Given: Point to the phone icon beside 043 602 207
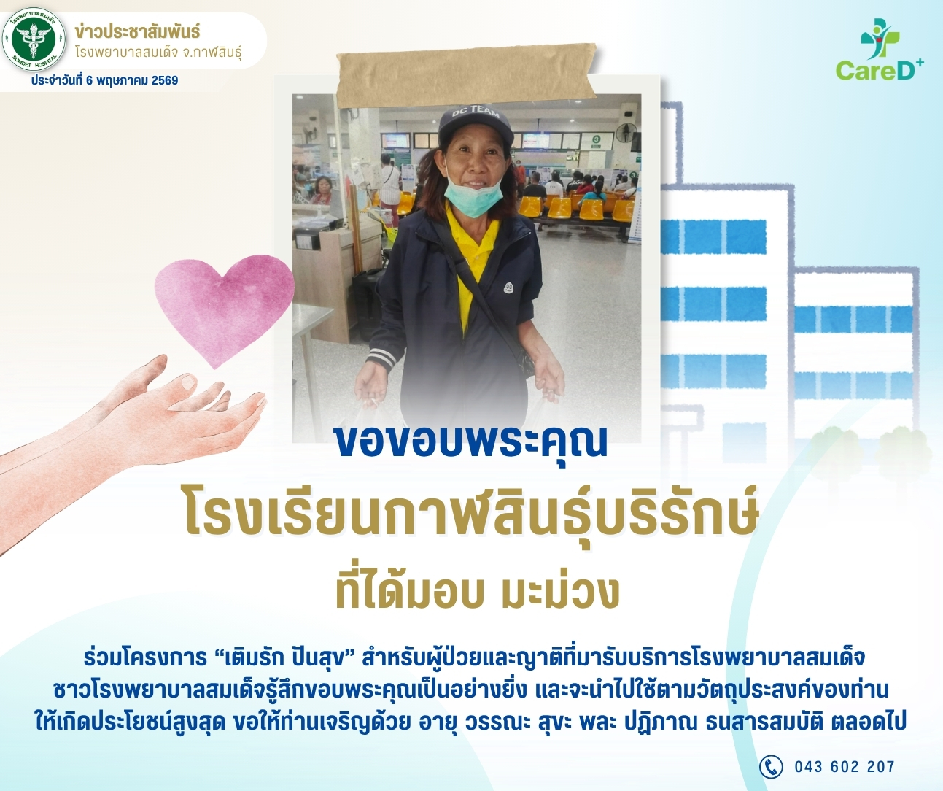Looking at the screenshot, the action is [x=770, y=766].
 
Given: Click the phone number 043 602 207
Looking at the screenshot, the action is [x=845, y=767].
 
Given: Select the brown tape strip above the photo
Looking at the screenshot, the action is [x=467, y=76].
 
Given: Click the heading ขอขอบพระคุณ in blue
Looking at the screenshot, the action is [x=471, y=442].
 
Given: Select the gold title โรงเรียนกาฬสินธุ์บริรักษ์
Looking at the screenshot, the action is [x=471, y=515].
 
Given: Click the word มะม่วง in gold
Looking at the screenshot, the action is [x=560, y=593].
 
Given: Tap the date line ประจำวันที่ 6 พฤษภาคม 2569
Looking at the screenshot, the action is [x=104, y=80].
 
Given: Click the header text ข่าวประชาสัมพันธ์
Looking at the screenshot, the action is [x=137, y=32].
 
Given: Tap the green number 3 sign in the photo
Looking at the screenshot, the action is [x=596, y=139].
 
